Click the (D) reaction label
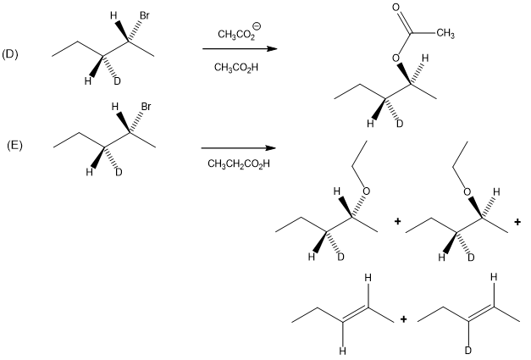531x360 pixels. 10,54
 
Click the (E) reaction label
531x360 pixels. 14,145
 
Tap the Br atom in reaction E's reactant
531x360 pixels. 146,107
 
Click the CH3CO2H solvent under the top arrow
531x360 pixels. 235,67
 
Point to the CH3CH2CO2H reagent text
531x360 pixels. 234,163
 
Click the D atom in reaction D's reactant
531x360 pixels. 117,81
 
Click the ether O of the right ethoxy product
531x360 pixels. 467,191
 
